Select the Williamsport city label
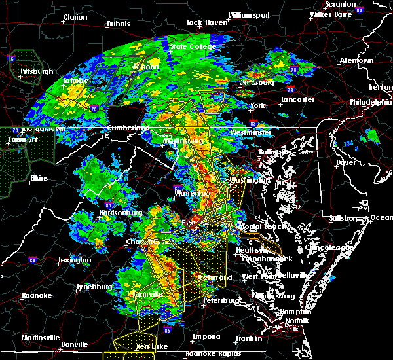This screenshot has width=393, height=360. point(248,15)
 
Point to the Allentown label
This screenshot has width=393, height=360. point(357,61)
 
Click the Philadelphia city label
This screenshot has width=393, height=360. point(371,103)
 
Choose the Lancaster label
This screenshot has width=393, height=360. point(298,100)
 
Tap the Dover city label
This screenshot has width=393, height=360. point(346,162)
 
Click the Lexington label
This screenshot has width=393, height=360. point(74,260)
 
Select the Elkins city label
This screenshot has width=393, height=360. point(39,178)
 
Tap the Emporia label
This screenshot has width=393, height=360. point(206,336)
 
